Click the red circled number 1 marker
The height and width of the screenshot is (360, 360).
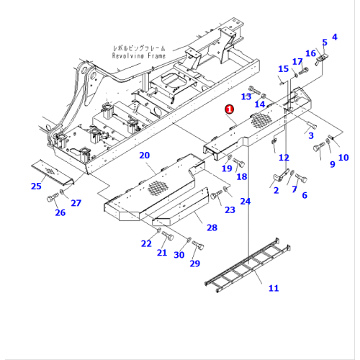click(229, 109)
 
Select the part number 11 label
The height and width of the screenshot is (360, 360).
click(273, 289)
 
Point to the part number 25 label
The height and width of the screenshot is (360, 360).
click(36, 187)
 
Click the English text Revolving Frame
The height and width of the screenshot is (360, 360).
click(139, 56)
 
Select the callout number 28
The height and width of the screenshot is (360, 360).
click(211, 228)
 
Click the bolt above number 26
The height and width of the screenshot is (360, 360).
click(52, 197)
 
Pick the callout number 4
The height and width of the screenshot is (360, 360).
click(333, 37)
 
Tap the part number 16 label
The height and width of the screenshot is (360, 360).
click(310, 53)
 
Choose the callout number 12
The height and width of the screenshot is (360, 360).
click(284, 158)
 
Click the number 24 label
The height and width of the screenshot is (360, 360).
click(246, 201)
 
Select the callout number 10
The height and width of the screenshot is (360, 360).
click(343, 158)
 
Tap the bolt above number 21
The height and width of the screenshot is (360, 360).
click(168, 236)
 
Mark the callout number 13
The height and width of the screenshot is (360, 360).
click(246, 96)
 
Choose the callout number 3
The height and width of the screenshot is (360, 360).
click(310, 135)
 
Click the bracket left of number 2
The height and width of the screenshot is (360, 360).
click(278, 177)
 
